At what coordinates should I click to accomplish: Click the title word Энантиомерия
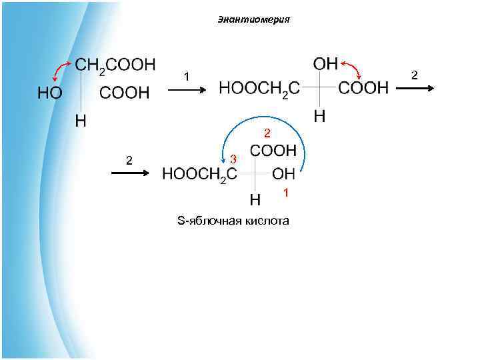coord(253,19)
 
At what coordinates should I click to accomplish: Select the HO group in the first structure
coord(50,93)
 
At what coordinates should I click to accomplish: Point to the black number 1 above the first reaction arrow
coord(187,77)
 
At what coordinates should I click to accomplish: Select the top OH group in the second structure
coord(325,64)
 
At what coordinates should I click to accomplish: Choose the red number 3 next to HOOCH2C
coord(233,159)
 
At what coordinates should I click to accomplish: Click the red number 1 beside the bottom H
coord(285,193)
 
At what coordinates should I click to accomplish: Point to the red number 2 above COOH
coord(266,133)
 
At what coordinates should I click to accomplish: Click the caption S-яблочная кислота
coord(233,221)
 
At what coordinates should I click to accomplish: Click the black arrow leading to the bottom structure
coord(129,173)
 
